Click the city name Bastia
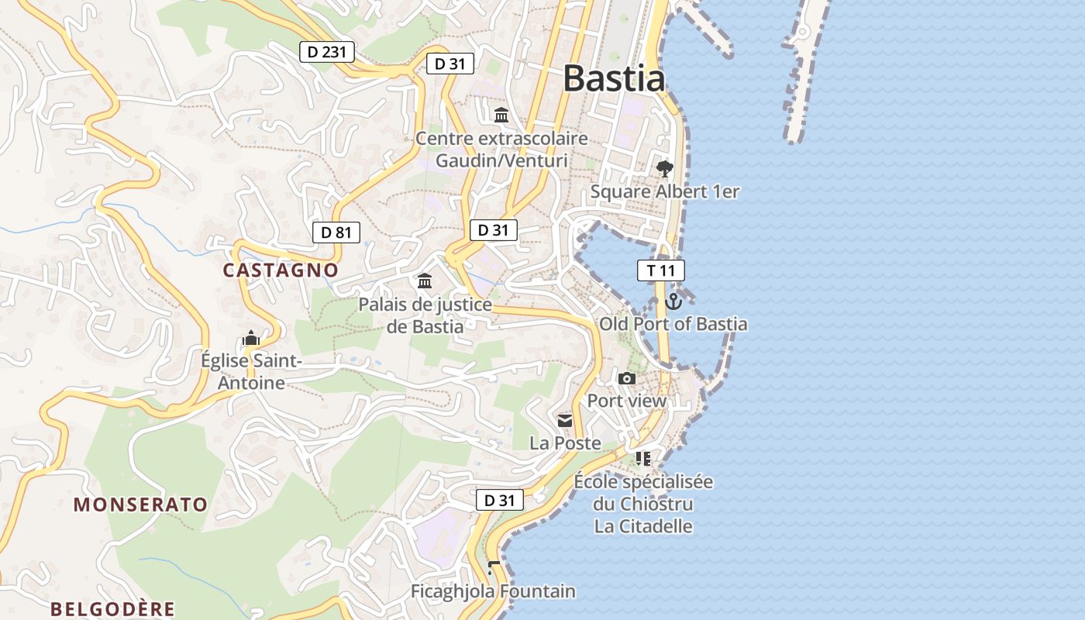(x=614, y=79)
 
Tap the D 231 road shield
(x=327, y=52)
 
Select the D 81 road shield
(x=336, y=232)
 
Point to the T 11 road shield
(x=660, y=270)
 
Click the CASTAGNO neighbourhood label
(x=281, y=270)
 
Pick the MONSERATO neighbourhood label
(x=141, y=505)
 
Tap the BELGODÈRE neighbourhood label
(x=113, y=608)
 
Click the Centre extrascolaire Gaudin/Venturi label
(x=501, y=150)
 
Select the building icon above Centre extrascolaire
(x=501, y=115)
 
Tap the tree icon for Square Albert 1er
(x=664, y=168)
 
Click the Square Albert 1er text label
(x=665, y=191)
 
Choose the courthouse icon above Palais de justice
(x=425, y=281)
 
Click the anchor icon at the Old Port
(x=673, y=301)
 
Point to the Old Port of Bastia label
(x=673, y=324)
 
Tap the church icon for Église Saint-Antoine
(x=250, y=338)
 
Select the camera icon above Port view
(x=627, y=378)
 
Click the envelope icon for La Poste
(x=565, y=421)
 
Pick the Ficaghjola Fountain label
(x=493, y=591)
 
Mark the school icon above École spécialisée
(x=642, y=459)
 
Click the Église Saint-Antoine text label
(x=250, y=372)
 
